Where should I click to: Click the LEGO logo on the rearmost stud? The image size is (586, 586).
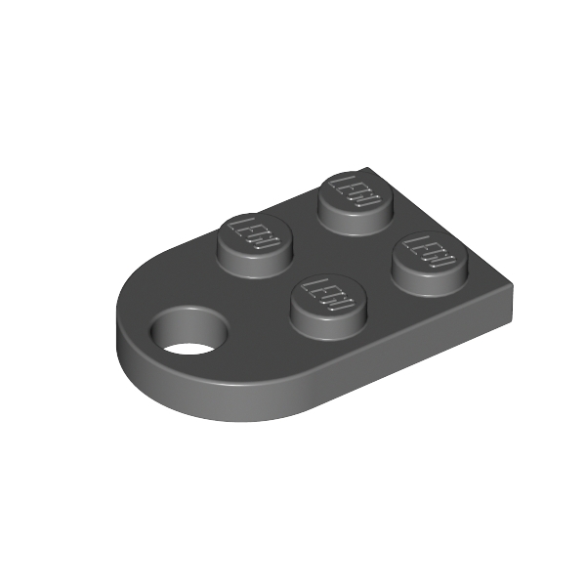click(x=353, y=190)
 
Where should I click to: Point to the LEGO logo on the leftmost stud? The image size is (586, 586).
click(x=254, y=234)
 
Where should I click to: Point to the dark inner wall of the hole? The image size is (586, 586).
click(x=191, y=321)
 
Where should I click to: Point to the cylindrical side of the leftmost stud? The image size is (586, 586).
click(x=253, y=262)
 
